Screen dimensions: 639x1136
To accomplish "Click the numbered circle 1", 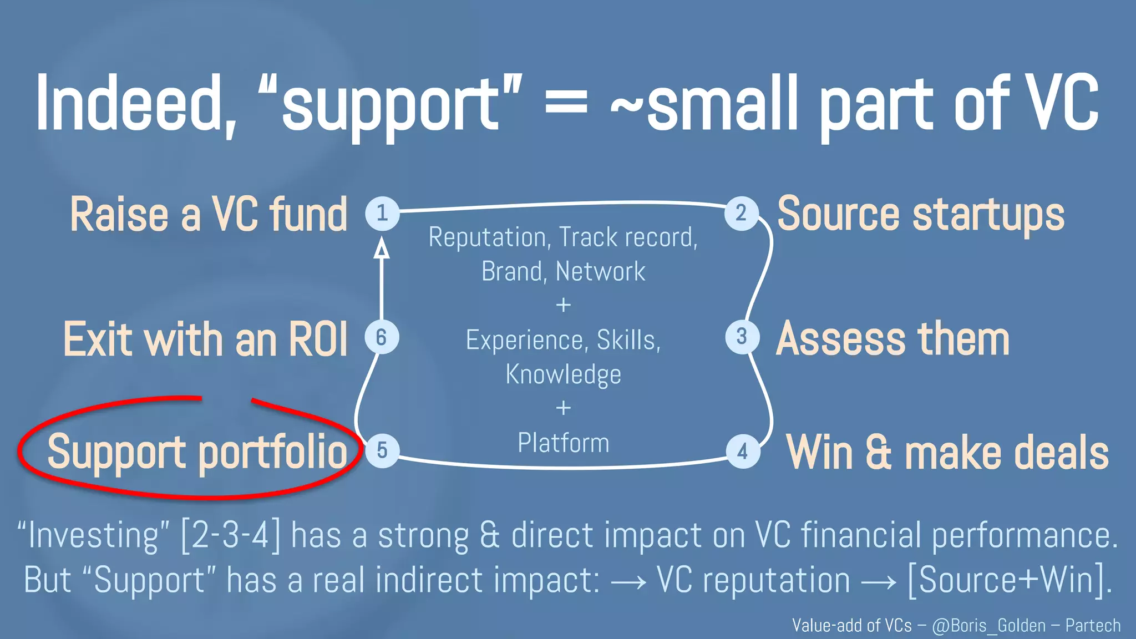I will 382,214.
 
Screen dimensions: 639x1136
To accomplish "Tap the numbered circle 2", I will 742,214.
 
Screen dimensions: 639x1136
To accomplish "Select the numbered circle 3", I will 742,337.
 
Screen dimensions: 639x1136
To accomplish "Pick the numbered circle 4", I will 743,452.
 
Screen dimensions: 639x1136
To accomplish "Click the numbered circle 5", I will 382,450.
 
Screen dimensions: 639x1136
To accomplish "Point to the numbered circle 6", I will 382,337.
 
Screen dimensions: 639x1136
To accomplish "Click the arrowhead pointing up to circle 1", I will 381,248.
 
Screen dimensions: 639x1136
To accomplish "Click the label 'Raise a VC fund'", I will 208,214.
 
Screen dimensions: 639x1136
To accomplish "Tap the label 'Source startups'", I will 921,214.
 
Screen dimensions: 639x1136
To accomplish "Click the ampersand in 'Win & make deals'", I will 878,453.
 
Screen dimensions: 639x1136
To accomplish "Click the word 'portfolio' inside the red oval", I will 272,453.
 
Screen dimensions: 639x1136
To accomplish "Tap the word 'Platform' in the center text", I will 563,443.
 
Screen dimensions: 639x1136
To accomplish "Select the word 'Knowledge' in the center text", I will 563,374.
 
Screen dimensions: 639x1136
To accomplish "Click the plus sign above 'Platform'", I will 563,408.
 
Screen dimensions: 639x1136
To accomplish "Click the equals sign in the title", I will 566,104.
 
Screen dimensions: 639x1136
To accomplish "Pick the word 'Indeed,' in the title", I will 136,104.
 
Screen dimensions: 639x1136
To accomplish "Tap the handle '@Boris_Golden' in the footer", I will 988,626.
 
